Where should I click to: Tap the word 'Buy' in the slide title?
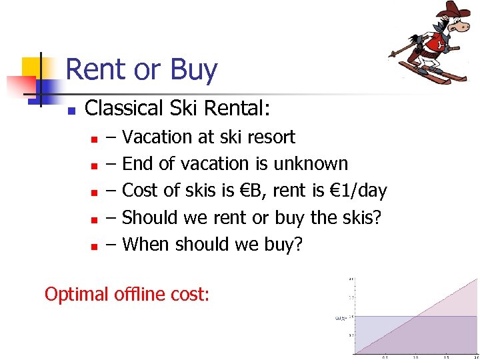[x=194, y=70]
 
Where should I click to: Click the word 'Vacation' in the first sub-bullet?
[x=157, y=137]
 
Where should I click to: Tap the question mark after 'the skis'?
[x=378, y=217]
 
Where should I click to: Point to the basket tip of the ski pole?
[x=393, y=56]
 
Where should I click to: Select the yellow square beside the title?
[x=32, y=67]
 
